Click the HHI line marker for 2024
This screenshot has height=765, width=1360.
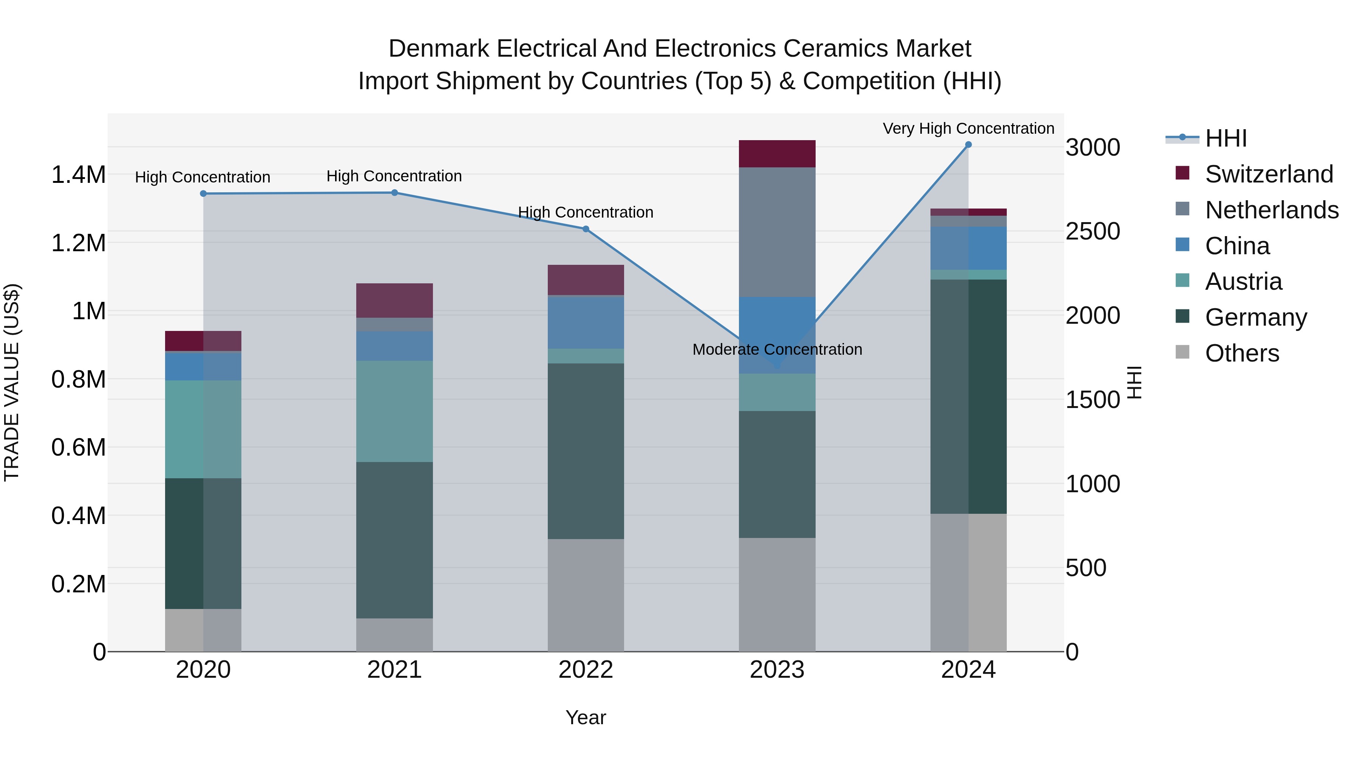[968, 145]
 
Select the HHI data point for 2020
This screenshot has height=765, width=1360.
[203, 194]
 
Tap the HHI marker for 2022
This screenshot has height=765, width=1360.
[586, 229]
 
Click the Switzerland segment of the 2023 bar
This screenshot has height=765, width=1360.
[777, 154]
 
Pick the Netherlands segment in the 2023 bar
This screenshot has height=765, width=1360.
[777, 232]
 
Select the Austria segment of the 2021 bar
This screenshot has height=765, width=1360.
[394, 411]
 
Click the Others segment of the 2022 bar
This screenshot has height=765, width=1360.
[586, 595]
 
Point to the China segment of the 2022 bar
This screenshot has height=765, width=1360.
[586, 323]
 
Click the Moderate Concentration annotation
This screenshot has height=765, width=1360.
[777, 349]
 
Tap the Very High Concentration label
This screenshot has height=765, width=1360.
[968, 128]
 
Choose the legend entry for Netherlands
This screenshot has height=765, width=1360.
[1271, 210]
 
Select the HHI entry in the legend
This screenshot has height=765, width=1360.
[1226, 138]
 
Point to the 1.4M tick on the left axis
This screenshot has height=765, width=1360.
[78, 175]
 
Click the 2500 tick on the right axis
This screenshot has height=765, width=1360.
[1092, 231]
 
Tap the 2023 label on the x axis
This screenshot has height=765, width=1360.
[777, 670]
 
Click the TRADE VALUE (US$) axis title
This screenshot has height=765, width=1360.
[12, 382]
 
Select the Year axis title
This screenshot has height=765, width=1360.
[586, 717]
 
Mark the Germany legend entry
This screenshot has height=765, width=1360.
[1255, 317]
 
